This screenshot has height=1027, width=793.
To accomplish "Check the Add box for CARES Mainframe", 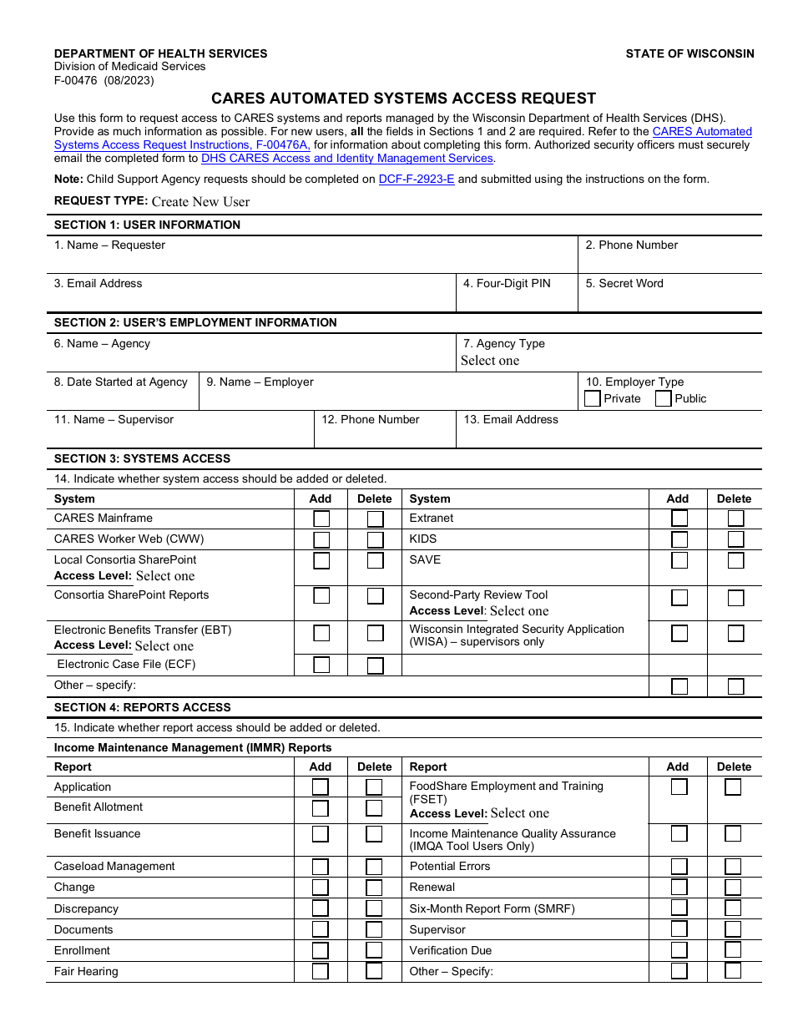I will (321, 519).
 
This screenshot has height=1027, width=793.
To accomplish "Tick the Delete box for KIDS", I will (735, 539).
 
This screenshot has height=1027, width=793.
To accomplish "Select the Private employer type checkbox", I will (593, 399).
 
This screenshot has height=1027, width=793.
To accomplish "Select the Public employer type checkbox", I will (664, 399).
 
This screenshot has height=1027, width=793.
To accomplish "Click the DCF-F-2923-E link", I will (417, 179).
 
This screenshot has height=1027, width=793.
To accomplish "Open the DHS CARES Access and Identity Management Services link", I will (347, 158).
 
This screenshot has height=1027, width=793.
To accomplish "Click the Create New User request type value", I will (200, 201).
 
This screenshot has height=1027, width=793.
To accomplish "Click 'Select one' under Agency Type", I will (490, 361).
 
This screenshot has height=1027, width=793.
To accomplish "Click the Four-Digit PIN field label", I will (507, 284).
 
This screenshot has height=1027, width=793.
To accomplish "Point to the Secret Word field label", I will (624, 284).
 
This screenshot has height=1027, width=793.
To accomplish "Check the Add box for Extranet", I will (679, 519).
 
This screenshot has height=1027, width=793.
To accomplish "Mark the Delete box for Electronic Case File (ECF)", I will (376, 665).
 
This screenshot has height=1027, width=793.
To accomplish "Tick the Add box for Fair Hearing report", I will (320, 971).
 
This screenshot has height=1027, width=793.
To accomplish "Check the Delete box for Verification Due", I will (733, 950).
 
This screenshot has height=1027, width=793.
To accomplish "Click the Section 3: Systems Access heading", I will (142, 458).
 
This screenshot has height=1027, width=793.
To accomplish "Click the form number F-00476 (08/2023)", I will (104, 80).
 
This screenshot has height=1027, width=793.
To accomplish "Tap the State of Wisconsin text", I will (689, 53).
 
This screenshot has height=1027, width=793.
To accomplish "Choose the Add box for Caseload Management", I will (320, 867).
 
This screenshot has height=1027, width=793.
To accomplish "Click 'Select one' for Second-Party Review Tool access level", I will (519, 611).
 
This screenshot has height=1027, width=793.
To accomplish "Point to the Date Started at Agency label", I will (121, 382).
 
